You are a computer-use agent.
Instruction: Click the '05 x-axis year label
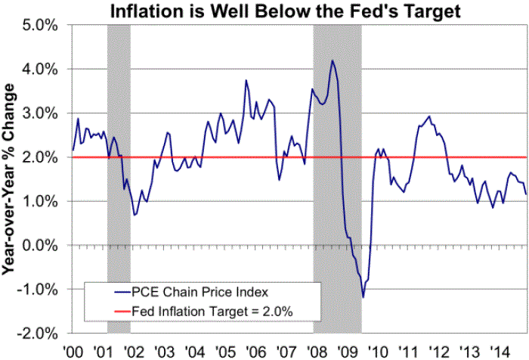tap(226, 351)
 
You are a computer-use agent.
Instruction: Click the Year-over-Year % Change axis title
tap(12, 179)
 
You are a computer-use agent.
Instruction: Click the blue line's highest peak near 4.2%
tap(332, 61)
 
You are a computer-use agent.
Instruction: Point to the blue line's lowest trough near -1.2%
tap(363, 297)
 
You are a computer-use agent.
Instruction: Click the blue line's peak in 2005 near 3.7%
tap(246, 80)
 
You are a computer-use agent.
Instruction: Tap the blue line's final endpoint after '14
tap(526, 194)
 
